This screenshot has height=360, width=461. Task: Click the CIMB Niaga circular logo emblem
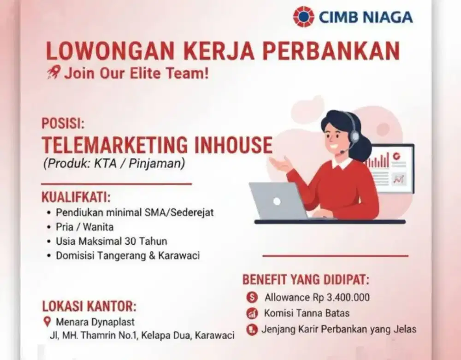click(x=304, y=17)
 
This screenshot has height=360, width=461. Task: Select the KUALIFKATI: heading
click(x=76, y=198)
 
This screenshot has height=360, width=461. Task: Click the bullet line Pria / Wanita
click(x=85, y=227)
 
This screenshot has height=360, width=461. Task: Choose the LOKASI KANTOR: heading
click(x=89, y=307)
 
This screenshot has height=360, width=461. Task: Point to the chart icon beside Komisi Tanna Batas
click(x=252, y=314)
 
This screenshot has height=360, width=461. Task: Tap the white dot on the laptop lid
click(x=277, y=201)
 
